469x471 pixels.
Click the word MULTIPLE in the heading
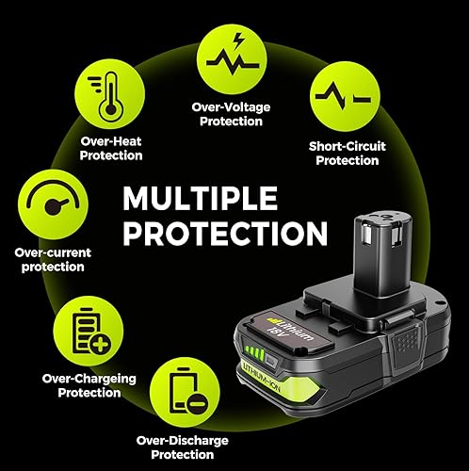coord(200,200)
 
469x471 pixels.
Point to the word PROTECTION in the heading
coord(226,234)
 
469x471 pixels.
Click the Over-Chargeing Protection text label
coord(89,384)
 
